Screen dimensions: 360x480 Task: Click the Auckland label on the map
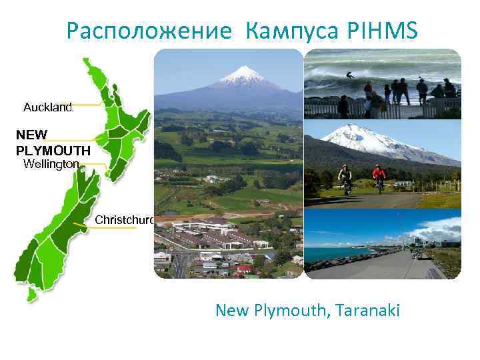(x=47, y=107)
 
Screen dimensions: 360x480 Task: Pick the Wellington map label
(x=51, y=163)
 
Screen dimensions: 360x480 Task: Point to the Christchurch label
(x=125, y=219)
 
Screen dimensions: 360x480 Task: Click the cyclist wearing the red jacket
(x=379, y=177)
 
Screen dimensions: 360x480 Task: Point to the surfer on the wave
(x=351, y=75)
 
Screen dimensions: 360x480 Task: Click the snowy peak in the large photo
(x=243, y=75)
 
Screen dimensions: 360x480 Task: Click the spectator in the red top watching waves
(x=367, y=88)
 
